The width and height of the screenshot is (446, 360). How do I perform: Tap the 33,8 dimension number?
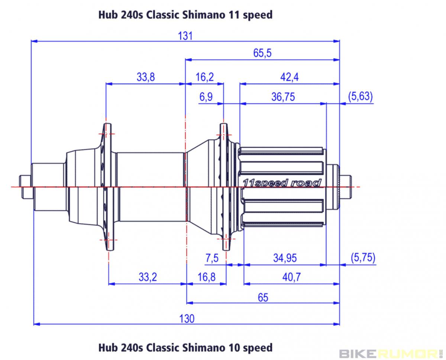(x=146, y=77)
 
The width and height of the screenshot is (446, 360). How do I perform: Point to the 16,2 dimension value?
(x=204, y=77)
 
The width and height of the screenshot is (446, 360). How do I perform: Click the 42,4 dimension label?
(x=290, y=77)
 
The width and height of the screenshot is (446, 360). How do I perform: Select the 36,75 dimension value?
(x=283, y=97)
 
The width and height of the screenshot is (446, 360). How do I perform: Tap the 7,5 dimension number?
(x=212, y=258)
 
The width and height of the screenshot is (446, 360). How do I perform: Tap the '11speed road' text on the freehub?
(x=281, y=183)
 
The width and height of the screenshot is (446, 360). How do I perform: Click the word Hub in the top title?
(x=107, y=15)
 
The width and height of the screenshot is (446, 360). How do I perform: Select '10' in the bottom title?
(x=232, y=348)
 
